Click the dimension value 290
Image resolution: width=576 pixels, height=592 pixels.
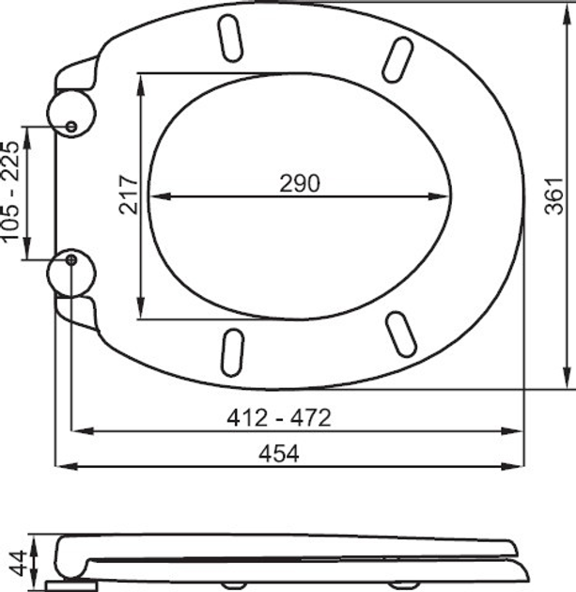300,183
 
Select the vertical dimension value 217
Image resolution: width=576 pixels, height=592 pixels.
130,195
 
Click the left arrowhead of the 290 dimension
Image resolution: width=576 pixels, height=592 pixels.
156,197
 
